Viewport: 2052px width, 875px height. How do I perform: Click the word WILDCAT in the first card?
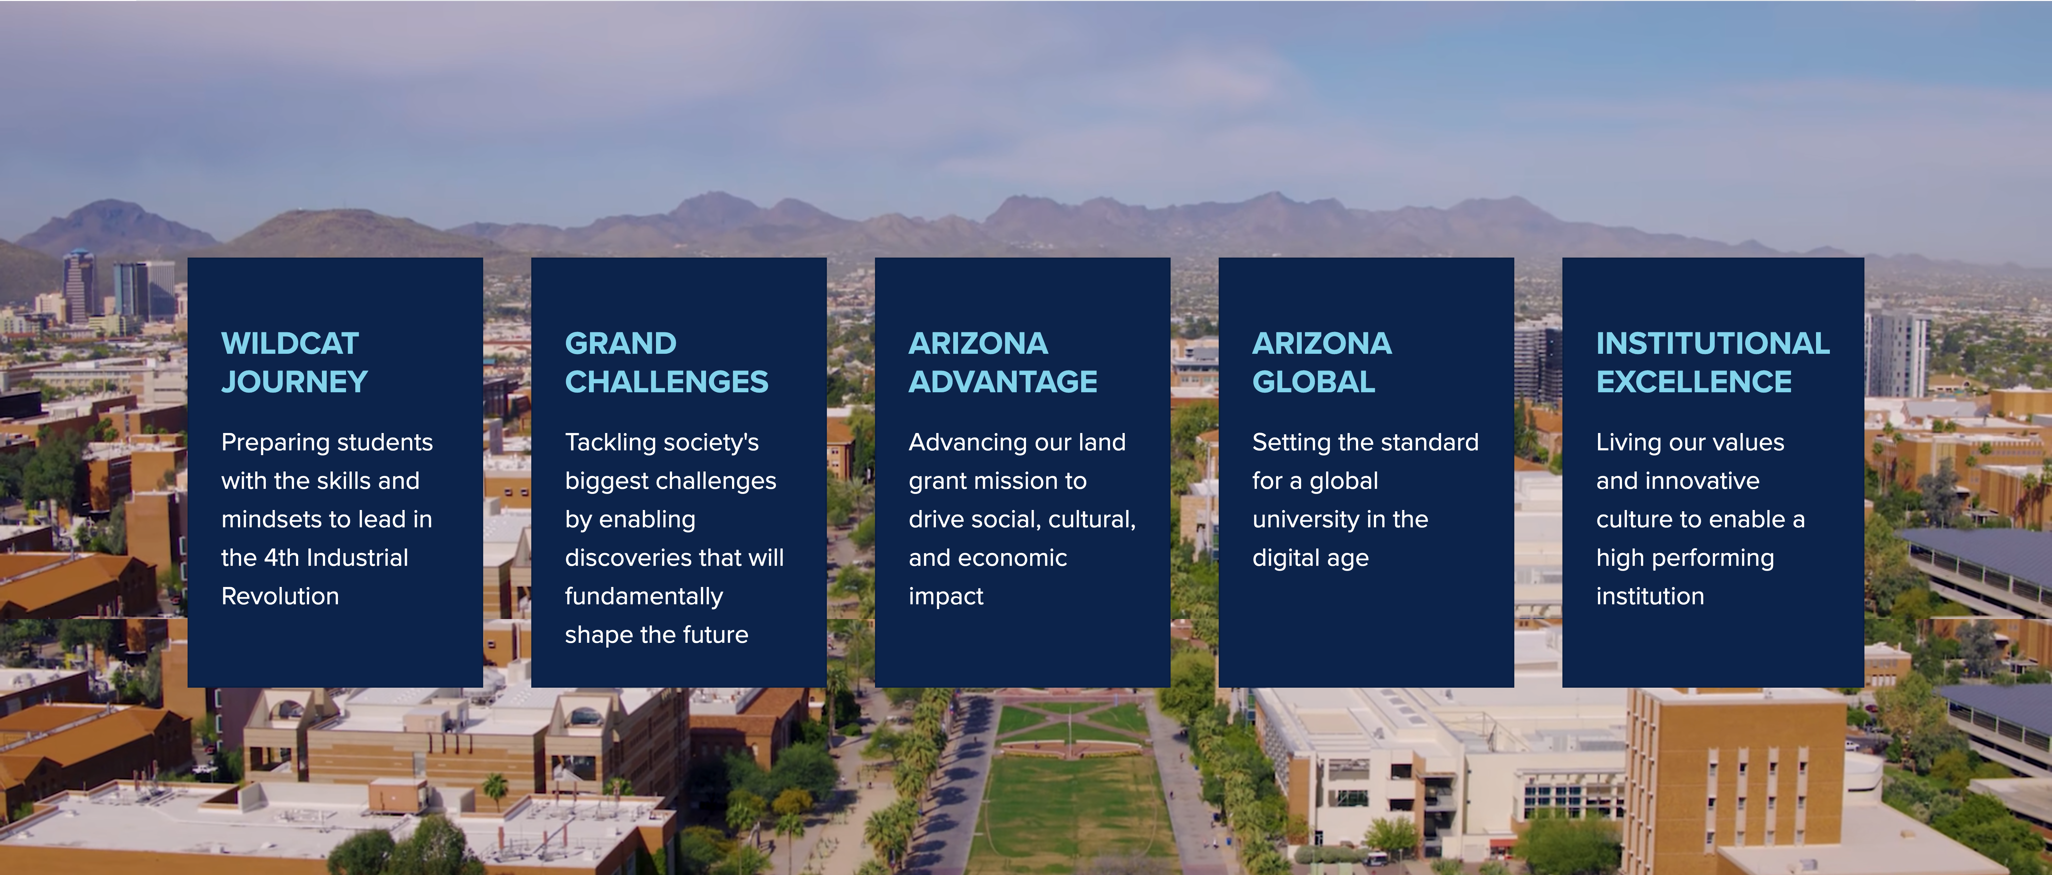(290, 344)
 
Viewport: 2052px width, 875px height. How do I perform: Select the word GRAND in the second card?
(620, 344)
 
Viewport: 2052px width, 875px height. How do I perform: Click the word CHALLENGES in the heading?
(667, 382)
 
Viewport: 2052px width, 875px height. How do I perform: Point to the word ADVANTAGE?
(1003, 382)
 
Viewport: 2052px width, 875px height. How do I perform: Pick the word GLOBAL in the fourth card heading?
(1314, 382)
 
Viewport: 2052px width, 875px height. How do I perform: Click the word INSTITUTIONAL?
(1713, 344)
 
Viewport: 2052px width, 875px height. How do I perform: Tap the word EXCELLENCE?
(1694, 382)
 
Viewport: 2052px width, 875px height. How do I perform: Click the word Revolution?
(281, 596)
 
